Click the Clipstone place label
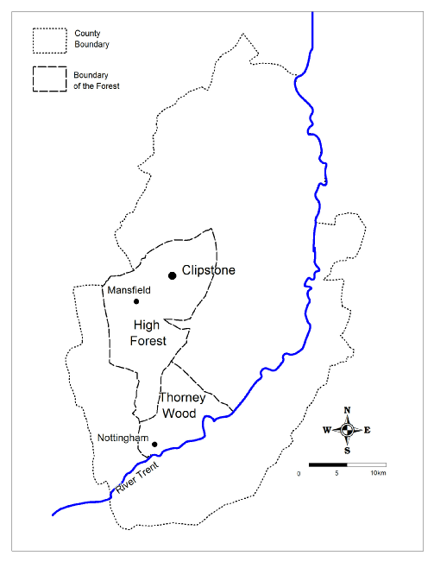click(208, 270)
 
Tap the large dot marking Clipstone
click(172, 275)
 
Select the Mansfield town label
click(129, 291)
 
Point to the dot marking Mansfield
click(136, 301)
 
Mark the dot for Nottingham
click(154, 445)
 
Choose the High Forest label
click(148, 332)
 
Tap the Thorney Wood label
click(182, 406)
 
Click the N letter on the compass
click(347, 410)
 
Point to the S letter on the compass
click(347, 450)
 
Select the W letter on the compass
click(327, 430)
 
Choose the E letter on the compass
click(368, 430)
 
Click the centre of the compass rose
click(347, 430)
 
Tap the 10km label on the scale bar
click(378, 474)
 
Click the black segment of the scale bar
click(327, 464)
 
